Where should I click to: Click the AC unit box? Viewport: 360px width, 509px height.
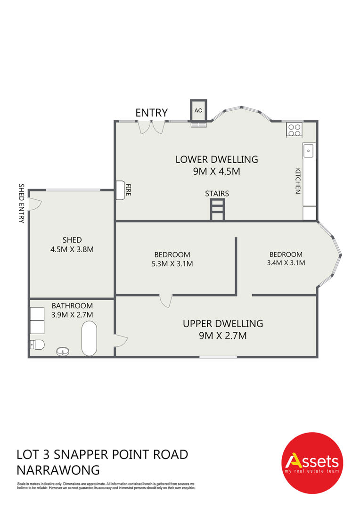(198, 110)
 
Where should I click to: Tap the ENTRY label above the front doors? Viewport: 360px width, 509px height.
(152, 113)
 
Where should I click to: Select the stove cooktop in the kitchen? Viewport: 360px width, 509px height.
(295, 130)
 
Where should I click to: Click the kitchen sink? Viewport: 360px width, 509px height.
(308, 151)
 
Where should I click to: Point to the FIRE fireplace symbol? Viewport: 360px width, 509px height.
(121, 190)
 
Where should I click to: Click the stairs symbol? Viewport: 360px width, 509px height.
(217, 210)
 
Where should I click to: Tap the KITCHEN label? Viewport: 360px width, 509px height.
(298, 181)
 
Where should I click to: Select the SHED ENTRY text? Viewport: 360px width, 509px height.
(21, 203)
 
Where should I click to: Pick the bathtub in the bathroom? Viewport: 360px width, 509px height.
(89, 338)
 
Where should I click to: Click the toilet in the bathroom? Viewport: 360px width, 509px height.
(37, 345)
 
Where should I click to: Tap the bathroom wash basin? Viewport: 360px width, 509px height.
(63, 351)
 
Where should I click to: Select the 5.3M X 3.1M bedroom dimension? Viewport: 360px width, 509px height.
(172, 263)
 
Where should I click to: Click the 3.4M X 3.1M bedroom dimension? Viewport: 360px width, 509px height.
(286, 263)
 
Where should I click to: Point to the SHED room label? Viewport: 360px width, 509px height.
(72, 240)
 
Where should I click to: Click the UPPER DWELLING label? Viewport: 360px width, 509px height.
(223, 324)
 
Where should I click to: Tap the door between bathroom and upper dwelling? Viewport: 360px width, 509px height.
(121, 341)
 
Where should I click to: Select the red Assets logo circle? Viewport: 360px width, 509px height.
(312, 463)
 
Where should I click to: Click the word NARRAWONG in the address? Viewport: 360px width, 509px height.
(58, 470)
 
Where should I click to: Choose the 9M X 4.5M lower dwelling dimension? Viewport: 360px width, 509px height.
(217, 171)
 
